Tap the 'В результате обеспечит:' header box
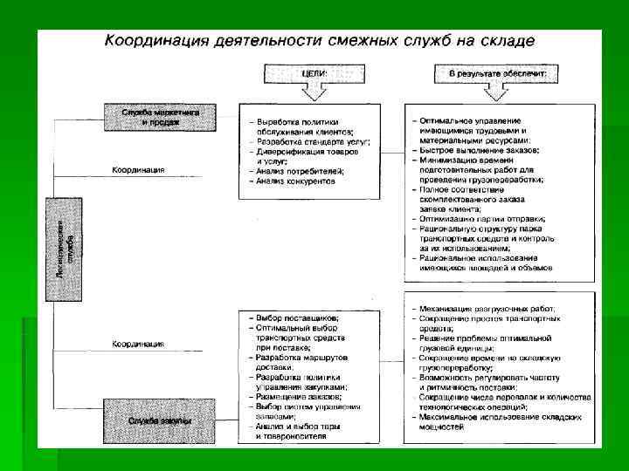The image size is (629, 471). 498,74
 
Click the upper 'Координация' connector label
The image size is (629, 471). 137,169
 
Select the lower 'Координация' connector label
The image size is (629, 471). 137,344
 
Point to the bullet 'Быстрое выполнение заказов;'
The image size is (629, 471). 478,150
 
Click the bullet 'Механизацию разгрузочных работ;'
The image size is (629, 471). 494,309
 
